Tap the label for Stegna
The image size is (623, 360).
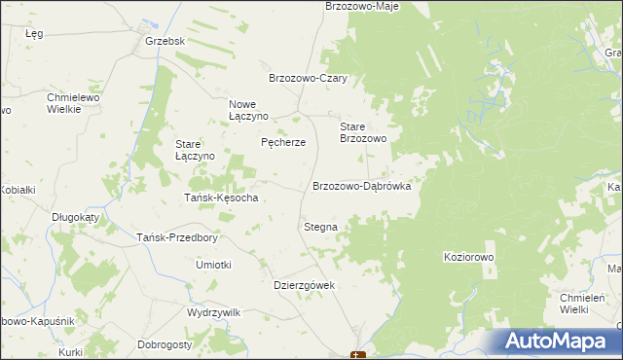pyautogui.click(x=320, y=227)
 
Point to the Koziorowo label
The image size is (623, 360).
pyautogui.click(x=469, y=256)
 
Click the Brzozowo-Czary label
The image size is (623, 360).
pyautogui.click(x=309, y=79)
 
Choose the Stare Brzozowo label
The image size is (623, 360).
pyautogui.click(x=363, y=133)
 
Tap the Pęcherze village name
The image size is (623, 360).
pyautogui.click(x=283, y=142)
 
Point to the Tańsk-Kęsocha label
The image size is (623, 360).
pyautogui.click(x=221, y=198)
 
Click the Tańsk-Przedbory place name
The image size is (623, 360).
pyautogui.click(x=176, y=237)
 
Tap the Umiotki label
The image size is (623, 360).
pyautogui.click(x=213, y=265)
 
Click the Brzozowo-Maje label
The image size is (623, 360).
pyautogui.click(x=362, y=7)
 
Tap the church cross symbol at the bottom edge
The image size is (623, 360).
pyautogui.click(x=358, y=356)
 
